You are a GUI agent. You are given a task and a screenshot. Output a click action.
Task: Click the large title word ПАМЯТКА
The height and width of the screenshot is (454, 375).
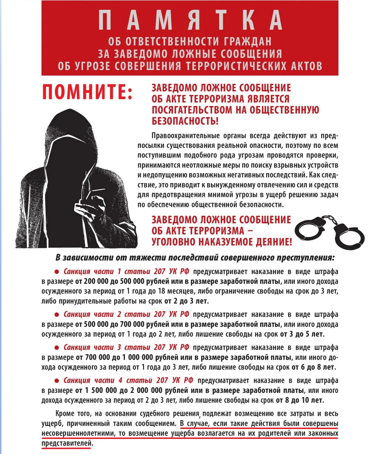(190, 20)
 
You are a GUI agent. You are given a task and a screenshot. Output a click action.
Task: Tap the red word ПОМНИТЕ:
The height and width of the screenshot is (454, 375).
(87, 92)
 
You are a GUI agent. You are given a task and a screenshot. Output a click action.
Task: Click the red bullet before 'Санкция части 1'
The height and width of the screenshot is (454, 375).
(57, 272)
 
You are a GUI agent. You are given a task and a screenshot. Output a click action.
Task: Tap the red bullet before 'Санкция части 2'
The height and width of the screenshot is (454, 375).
(57, 315)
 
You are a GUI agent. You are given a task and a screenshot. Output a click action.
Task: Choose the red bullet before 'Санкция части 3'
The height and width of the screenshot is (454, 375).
(57, 347)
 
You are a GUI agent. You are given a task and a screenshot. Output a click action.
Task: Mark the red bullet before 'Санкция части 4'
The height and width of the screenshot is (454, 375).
(57, 381)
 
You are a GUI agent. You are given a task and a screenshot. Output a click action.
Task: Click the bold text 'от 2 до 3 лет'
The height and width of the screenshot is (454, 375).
(186, 301)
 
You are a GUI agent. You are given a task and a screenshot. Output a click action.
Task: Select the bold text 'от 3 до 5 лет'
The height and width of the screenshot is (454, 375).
(302, 334)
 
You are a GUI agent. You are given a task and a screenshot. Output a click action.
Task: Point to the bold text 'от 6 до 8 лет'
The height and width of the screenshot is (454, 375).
(313, 367)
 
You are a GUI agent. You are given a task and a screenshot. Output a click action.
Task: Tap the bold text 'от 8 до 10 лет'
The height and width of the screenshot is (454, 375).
(299, 400)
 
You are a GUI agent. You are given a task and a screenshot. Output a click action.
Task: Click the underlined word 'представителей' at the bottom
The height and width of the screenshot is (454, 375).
(67, 443)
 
